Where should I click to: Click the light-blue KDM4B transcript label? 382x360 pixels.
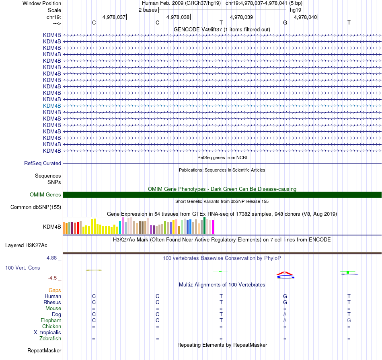(x=52, y=106)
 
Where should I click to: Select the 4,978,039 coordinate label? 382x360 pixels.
(x=241, y=17)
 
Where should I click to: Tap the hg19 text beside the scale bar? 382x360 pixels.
(x=296, y=10)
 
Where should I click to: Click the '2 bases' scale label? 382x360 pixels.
(x=148, y=10)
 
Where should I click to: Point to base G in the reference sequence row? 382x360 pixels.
(x=285, y=22)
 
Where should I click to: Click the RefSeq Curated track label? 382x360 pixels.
(x=43, y=164)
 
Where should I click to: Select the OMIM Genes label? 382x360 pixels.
(x=45, y=195)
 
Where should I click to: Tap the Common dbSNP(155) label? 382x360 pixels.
(x=35, y=207)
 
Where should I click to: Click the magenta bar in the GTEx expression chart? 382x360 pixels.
(x=213, y=227)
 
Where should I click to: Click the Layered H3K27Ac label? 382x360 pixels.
(x=26, y=245)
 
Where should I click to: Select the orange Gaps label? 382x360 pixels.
(x=55, y=290)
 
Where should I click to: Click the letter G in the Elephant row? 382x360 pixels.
(x=349, y=321)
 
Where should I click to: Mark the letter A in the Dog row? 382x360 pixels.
(x=285, y=314)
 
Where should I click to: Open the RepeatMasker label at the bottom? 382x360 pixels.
(x=44, y=351)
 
